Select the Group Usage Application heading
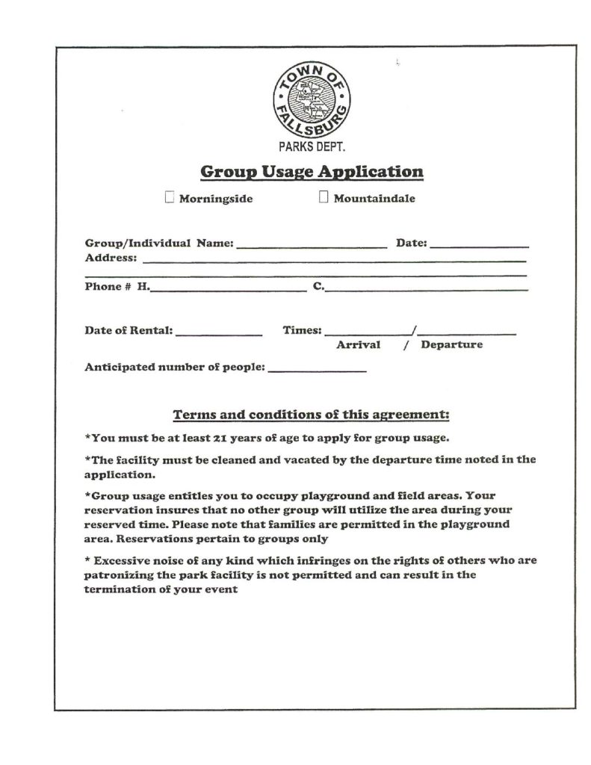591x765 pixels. click(x=312, y=172)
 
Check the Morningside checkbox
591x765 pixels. click(x=170, y=197)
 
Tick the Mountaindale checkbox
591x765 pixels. click(x=324, y=197)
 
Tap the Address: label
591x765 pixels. click(x=111, y=258)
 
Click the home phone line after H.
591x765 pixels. click(x=228, y=288)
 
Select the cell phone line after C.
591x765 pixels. click(x=427, y=288)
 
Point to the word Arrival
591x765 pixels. click(x=359, y=345)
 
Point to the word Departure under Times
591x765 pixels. click(x=451, y=345)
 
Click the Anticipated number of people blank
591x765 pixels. click(x=317, y=370)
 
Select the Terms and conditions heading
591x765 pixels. click(x=311, y=414)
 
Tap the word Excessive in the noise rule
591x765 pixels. click(x=123, y=560)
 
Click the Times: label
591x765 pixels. click(x=302, y=329)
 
